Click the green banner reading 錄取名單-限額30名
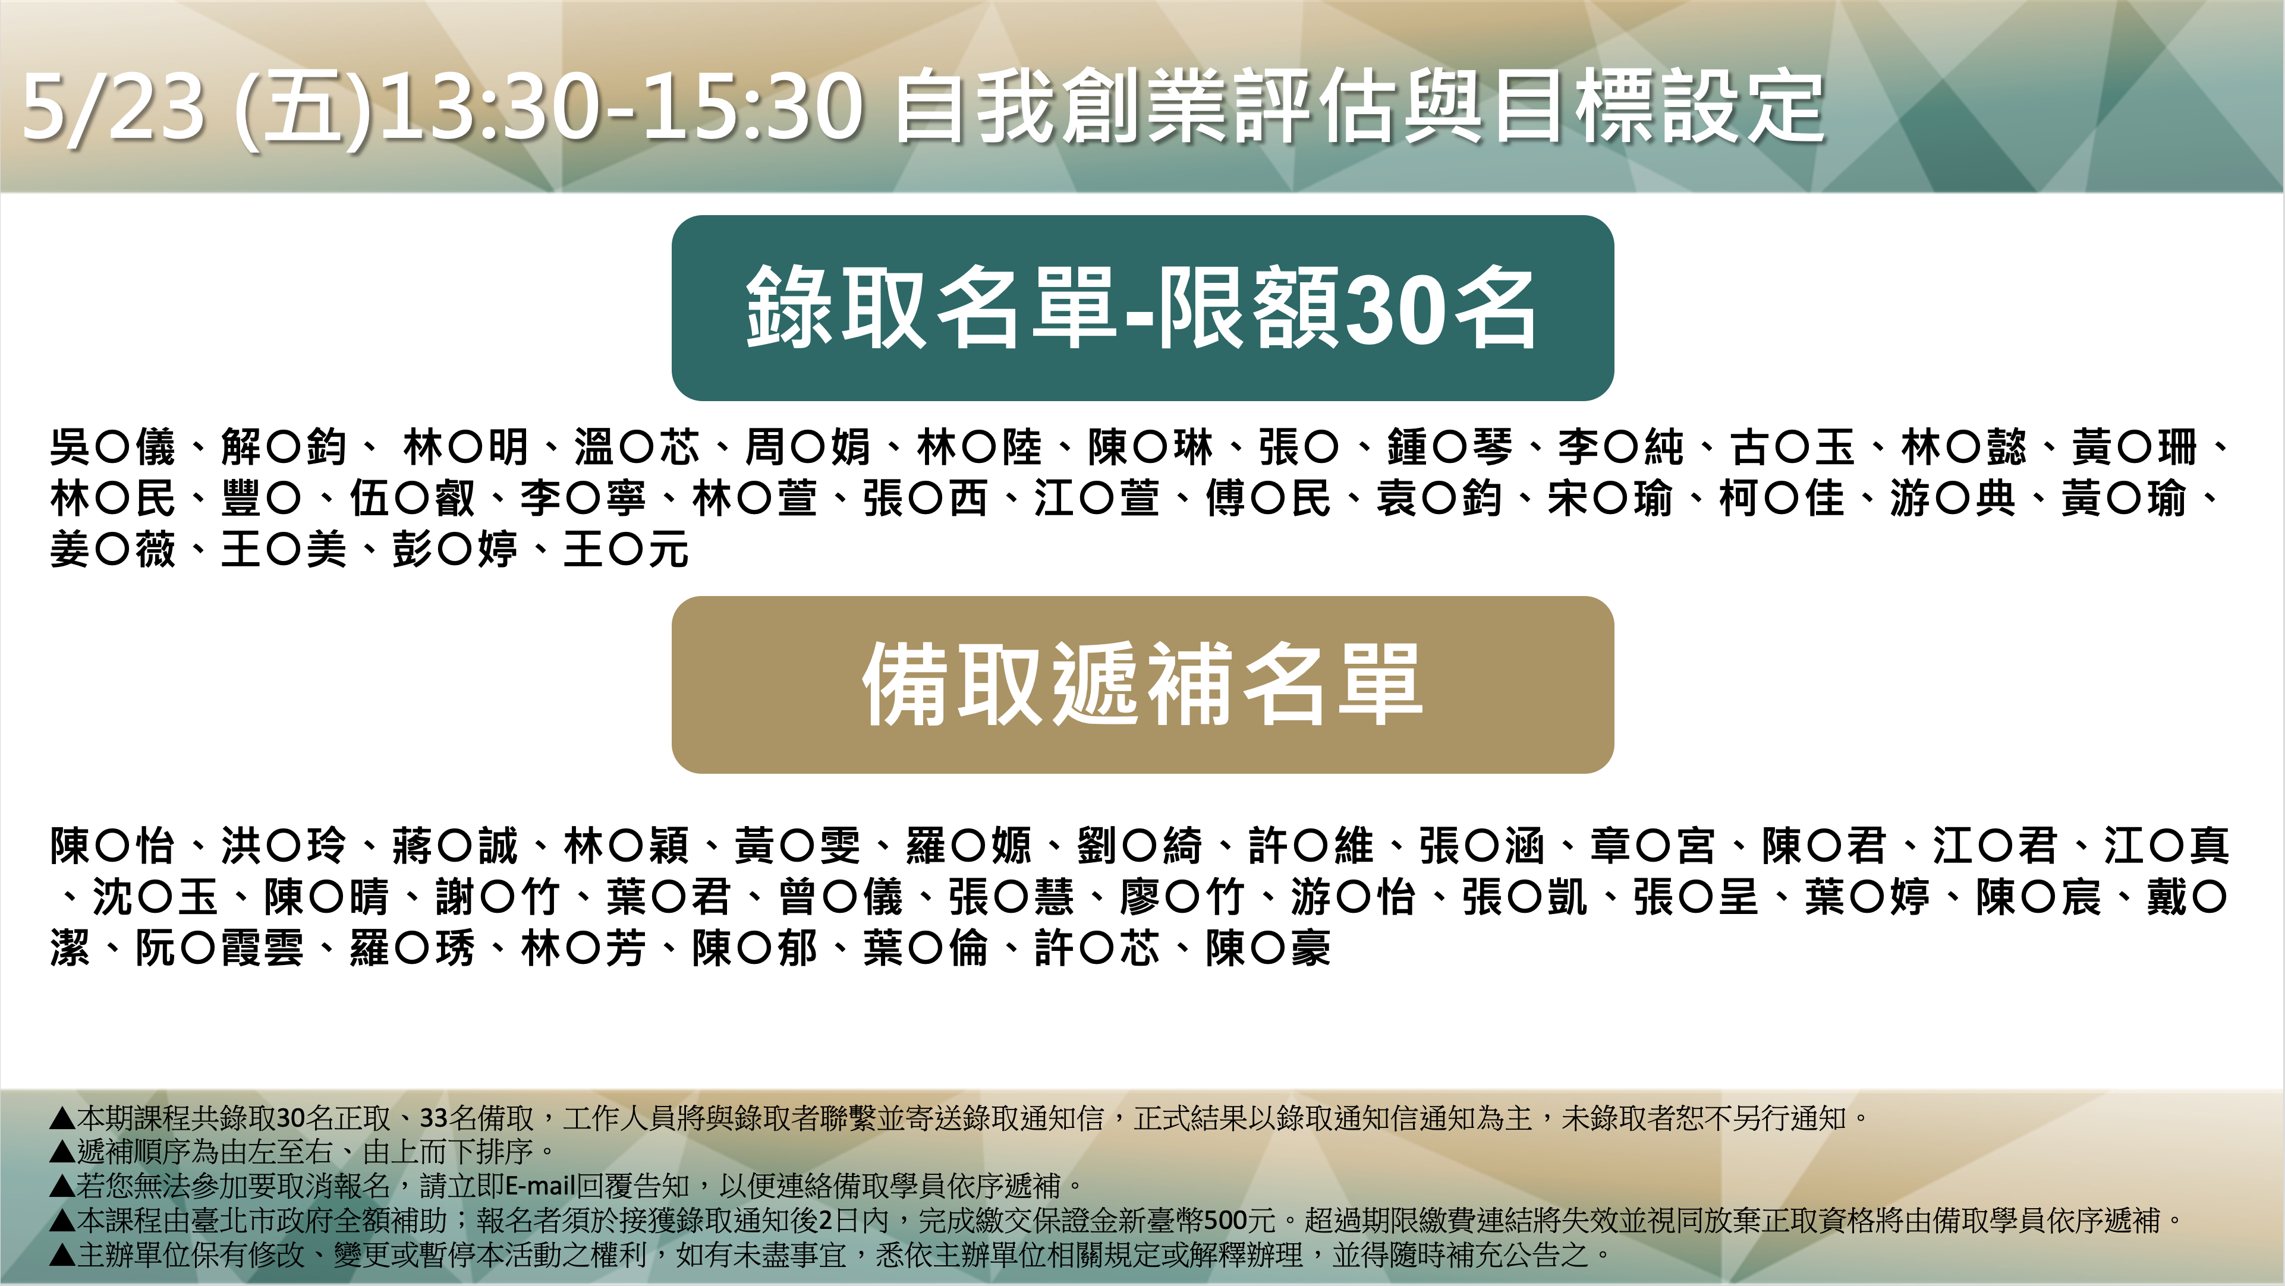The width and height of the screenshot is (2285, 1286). [1142, 308]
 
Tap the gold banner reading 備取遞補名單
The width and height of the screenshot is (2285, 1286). [1142, 685]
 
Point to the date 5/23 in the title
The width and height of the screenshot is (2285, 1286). [114, 108]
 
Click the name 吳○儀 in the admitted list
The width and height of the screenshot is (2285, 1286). [113, 447]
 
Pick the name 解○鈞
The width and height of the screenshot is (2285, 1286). [284, 447]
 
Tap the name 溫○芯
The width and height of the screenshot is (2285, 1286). [637, 447]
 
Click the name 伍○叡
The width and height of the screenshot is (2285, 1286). [413, 499]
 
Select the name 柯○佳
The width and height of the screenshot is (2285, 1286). [1781, 499]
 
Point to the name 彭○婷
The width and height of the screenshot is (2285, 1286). [455, 550]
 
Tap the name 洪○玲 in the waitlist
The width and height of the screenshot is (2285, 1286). [284, 845]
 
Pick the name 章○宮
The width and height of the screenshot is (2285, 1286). [1653, 845]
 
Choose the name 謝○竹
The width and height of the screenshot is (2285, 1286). [498, 897]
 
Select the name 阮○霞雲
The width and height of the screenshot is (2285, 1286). [219, 948]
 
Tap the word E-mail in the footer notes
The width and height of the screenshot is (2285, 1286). [541, 1186]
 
